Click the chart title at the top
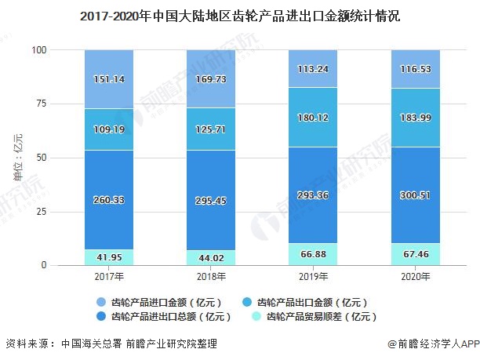pyautogui.click(x=240, y=14)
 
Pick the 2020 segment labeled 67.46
pyautogui.click(x=415, y=255)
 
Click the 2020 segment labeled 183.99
pyautogui.click(x=415, y=117)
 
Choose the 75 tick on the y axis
pyautogui.click(x=42, y=104)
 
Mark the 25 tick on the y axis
pyautogui.click(x=42, y=212)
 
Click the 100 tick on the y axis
pyautogui.click(x=40, y=50)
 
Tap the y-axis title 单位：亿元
pyautogui.click(x=18, y=160)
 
